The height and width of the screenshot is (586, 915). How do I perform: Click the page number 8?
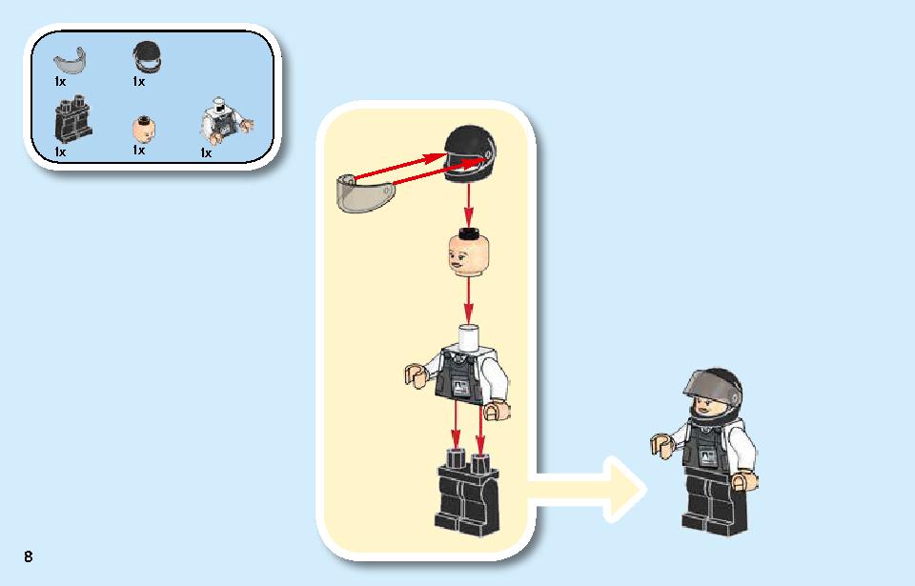coord(28,556)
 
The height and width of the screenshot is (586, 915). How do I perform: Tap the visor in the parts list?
coord(71,62)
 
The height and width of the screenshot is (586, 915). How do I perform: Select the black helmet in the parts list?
coord(147,57)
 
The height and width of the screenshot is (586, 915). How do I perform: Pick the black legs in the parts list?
coord(73,121)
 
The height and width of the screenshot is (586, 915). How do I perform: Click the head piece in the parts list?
coord(144,129)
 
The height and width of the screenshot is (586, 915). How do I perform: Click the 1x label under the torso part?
coord(206,152)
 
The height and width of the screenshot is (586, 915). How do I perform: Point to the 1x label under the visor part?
coord(59,82)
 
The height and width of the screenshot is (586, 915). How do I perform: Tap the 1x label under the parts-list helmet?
coord(138,82)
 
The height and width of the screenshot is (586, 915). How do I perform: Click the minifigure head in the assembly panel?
coord(469,253)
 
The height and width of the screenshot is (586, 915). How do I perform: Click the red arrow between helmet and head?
coord(468,205)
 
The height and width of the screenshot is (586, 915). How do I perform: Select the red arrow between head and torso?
coord(468,300)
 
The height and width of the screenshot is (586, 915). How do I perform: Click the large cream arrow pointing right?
coord(586,489)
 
